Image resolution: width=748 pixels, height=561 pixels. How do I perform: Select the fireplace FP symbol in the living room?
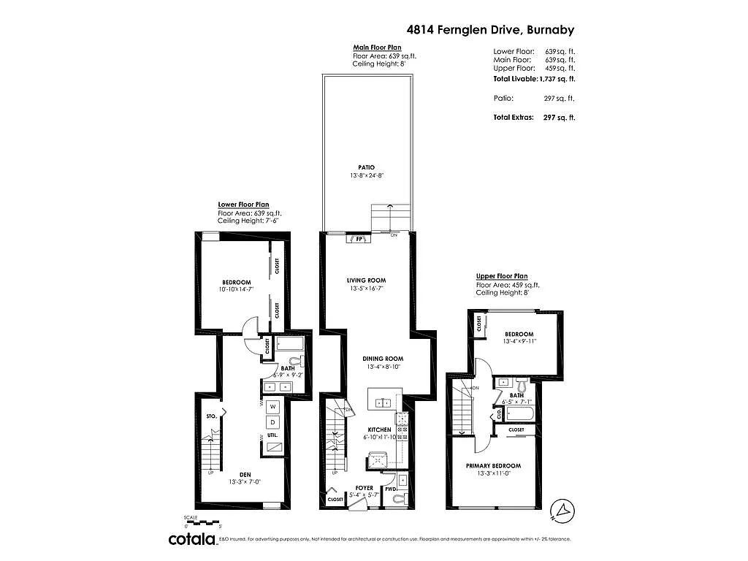[359, 238]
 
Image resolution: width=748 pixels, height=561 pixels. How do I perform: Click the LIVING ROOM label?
[366, 280]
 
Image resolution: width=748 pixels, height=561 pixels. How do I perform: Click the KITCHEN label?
[378, 430]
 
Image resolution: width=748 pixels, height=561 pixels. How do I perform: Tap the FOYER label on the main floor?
[364, 487]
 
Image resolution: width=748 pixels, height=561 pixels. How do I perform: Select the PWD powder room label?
[390, 489]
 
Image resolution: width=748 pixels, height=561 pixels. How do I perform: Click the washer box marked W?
[272, 406]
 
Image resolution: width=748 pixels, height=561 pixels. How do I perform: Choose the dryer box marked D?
[272, 422]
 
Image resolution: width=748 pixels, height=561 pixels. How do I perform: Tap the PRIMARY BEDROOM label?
[493, 466]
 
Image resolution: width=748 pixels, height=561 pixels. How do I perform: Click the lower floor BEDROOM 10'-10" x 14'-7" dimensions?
[236, 290]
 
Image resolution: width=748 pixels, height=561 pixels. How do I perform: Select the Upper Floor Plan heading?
[501, 276]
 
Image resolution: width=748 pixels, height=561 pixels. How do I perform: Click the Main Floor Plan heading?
[377, 47]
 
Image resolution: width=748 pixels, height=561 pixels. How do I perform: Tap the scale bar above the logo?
[202, 522]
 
